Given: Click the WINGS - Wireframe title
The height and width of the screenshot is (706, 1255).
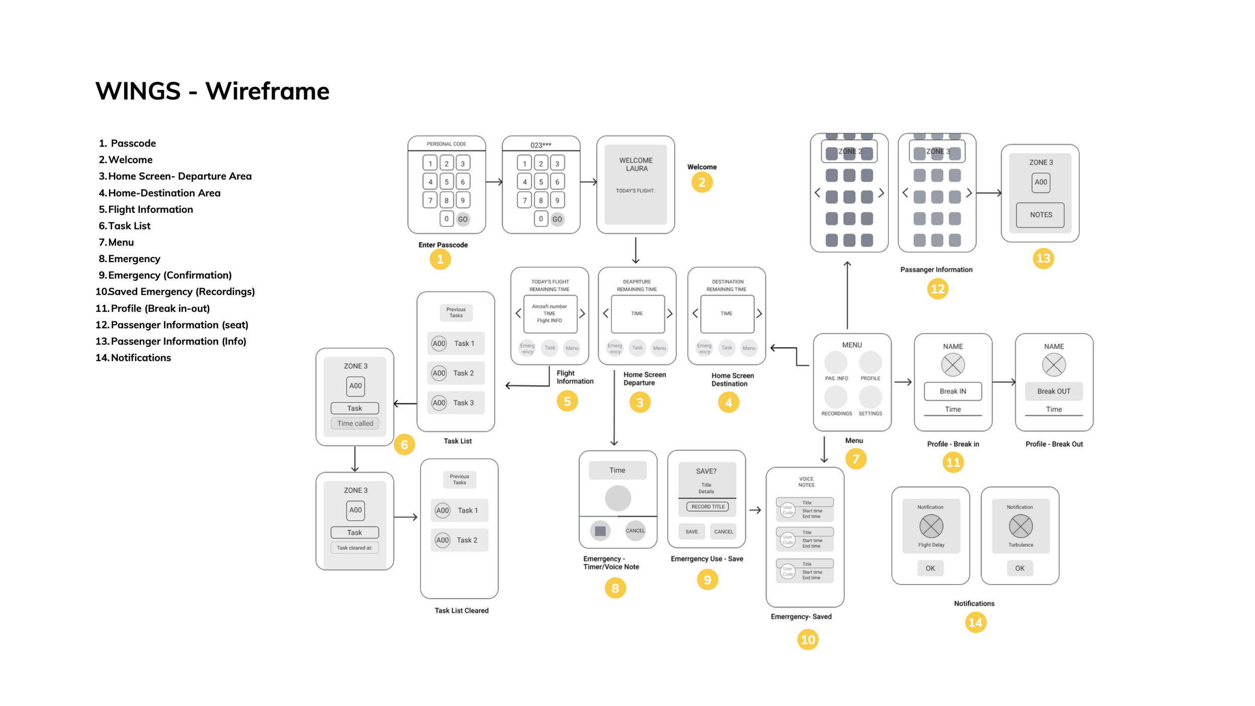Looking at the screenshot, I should (212, 91).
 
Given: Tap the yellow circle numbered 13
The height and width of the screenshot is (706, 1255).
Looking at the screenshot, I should (1043, 259).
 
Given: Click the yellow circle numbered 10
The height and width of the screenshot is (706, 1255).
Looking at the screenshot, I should (807, 639).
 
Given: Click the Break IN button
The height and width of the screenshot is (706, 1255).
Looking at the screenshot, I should (952, 391).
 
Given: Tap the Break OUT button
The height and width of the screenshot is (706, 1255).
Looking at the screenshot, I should (1053, 391).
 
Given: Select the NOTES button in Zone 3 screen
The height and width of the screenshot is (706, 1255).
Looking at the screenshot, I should (1040, 215).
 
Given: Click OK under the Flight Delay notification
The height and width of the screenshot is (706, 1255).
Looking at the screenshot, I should (930, 568).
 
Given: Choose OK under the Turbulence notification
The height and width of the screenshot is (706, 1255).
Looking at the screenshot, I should (1019, 568).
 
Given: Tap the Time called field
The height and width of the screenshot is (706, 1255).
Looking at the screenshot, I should (355, 423).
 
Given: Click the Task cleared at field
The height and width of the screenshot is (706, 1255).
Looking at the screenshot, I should (354, 547).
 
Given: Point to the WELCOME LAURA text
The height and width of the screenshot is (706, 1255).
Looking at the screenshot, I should (636, 164).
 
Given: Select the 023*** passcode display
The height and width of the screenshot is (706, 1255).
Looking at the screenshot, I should (541, 145).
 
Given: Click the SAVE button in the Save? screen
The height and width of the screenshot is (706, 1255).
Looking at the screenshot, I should (691, 531).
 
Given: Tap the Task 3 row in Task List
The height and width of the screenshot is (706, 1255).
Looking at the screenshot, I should (456, 403).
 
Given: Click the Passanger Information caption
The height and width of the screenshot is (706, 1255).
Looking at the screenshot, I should (936, 270).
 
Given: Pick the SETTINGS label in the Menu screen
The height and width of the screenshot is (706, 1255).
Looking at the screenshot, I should (870, 413).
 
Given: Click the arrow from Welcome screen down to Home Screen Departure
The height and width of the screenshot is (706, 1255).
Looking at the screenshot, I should (636, 250).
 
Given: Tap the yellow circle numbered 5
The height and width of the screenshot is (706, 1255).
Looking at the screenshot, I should (567, 401).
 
